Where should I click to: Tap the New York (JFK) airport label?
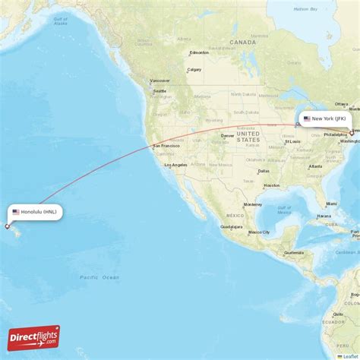pos(327,119)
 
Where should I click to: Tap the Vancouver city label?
pos(160,80)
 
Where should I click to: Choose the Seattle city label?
pos(160,91)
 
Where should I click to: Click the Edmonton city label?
pos(200,52)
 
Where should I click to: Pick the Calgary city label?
pos(194,69)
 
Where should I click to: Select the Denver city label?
pos(228,136)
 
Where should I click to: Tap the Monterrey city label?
pos(253,204)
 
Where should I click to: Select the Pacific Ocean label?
pos(99,277)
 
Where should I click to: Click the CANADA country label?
pos(243,43)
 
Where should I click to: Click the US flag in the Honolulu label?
pos(16,212)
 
